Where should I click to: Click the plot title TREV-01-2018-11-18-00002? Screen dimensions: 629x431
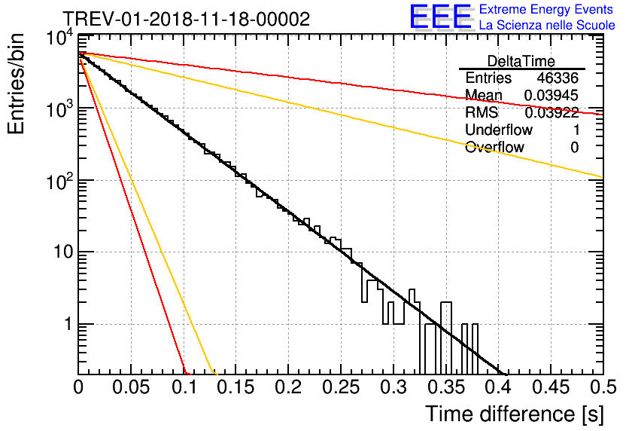[x=187, y=19]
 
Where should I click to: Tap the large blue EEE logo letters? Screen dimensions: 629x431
[x=441, y=17]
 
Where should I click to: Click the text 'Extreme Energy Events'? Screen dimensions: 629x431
[x=546, y=9]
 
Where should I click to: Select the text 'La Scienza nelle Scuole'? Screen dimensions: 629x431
[x=547, y=25]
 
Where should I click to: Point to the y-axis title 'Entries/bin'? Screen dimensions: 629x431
[x=16, y=84]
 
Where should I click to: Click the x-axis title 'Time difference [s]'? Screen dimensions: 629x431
[x=515, y=414]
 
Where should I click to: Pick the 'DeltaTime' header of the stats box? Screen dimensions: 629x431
[x=521, y=61]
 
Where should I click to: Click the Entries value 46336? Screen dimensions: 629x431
[x=558, y=78]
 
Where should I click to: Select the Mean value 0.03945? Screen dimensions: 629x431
[x=552, y=95]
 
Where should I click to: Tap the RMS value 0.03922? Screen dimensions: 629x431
[x=552, y=113]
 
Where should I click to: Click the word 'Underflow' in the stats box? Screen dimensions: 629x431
[x=499, y=130]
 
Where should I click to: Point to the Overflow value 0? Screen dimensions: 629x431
[x=574, y=148]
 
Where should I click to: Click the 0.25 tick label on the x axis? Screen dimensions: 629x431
[x=341, y=387]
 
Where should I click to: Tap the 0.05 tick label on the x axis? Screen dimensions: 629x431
[x=131, y=387]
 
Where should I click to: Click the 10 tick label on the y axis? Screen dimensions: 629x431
[x=63, y=252]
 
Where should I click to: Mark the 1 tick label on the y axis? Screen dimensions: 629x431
[x=68, y=324]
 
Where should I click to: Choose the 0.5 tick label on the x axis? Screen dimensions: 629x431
[x=603, y=387]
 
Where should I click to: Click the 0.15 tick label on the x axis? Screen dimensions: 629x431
[x=236, y=387]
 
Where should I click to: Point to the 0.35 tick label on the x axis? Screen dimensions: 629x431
[x=446, y=387]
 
